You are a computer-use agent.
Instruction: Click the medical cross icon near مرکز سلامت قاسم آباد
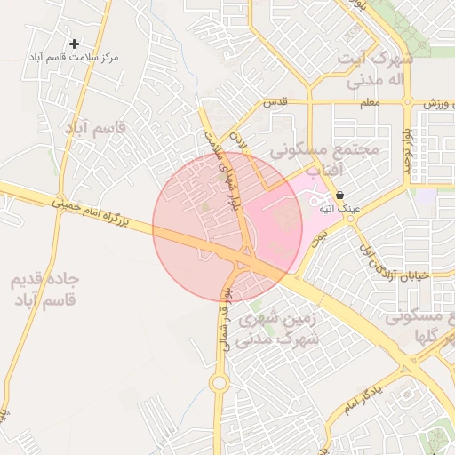point(74,43)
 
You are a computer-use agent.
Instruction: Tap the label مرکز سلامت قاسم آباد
point(74,57)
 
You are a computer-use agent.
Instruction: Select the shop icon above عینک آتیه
point(339,195)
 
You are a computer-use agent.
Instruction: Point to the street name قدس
point(276,103)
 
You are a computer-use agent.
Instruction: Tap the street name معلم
point(371,103)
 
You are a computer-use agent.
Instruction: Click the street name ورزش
point(433,104)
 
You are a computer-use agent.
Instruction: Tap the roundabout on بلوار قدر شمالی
point(219,383)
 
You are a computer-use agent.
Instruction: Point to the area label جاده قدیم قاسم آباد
point(44,289)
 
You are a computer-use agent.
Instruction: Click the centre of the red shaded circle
point(227,227)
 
